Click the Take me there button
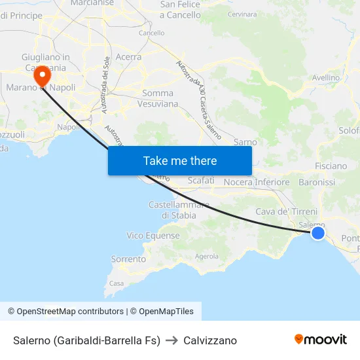coord(180,161)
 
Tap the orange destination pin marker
coord(44,75)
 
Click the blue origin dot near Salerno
coord(317,233)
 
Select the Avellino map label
coord(326,77)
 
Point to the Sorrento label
coord(128,259)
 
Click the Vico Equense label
coord(153,236)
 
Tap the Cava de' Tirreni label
coord(286,211)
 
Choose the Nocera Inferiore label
coord(257,182)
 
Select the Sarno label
coord(245,141)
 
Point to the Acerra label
coord(128,57)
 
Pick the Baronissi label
coord(316,182)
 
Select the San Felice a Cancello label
coord(180,10)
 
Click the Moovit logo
coord(321,340)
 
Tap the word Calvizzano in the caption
coord(210,340)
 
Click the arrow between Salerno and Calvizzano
coord(172,340)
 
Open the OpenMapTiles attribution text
coord(162,312)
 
